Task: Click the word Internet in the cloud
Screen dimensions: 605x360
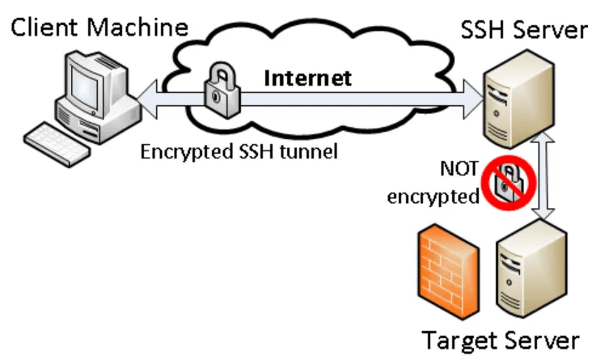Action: tap(307, 78)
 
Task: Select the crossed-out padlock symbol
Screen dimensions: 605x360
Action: tap(509, 183)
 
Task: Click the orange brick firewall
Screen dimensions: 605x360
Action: tap(449, 272)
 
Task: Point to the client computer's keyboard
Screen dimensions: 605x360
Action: tap(57, 144)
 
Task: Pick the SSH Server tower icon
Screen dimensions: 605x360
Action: tap(518, 100)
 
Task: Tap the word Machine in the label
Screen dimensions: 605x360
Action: tap(137, 28)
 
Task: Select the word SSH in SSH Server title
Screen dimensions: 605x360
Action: tap(484, 30)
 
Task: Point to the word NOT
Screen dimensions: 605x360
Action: tap(459, 168)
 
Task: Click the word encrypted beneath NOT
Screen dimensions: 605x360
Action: tap(434, 197)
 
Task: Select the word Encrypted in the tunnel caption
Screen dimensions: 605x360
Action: tap(188, 152)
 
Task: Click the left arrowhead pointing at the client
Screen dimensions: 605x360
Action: tap(147, 100)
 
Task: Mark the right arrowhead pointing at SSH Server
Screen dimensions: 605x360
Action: tap(473, 100)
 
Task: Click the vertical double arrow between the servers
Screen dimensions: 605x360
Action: tap(544, 176)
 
